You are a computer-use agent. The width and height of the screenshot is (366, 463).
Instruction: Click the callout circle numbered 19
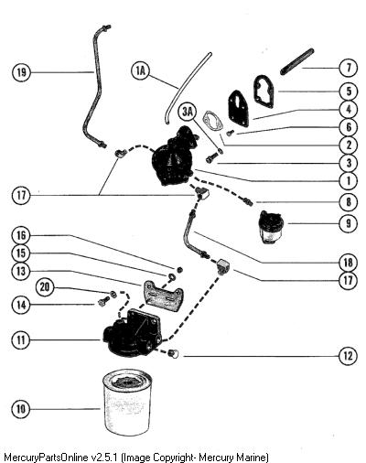tap(21, 72)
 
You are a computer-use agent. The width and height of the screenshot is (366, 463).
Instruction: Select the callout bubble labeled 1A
tap(140, 71)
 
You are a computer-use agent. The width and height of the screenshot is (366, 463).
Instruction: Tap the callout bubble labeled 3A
tap(188, 112)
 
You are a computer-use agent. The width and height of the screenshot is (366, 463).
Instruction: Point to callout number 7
tap(349, 68)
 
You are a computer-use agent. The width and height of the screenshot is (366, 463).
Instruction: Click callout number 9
tap(349, 223)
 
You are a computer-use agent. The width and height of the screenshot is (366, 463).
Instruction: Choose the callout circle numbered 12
tap(349, 356)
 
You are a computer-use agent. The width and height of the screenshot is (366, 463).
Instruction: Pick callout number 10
tap(21, 409)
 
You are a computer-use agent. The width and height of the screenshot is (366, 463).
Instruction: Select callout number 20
tap(45, 287)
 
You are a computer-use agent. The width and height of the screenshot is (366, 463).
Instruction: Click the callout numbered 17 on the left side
tap(21, 195)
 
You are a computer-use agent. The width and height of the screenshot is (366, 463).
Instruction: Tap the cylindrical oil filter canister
tap(126, 403)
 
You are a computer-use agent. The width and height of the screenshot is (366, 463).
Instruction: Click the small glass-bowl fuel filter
tap(270, 227)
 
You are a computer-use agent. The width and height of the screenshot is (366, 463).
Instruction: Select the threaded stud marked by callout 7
tap(296, 61)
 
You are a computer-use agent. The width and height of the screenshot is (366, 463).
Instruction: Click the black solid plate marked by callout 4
tap(238, 108)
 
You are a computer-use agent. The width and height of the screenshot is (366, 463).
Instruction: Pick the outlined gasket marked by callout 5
tap(264, 91)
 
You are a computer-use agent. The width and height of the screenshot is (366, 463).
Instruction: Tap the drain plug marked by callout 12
tap(174, 354)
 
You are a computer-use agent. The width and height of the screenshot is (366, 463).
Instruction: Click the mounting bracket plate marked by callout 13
tap(162, 294)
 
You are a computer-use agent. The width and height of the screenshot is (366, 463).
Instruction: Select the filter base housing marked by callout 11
tap(133, 333)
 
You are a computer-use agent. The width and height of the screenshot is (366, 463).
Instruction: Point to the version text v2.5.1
tap(104, 458)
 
